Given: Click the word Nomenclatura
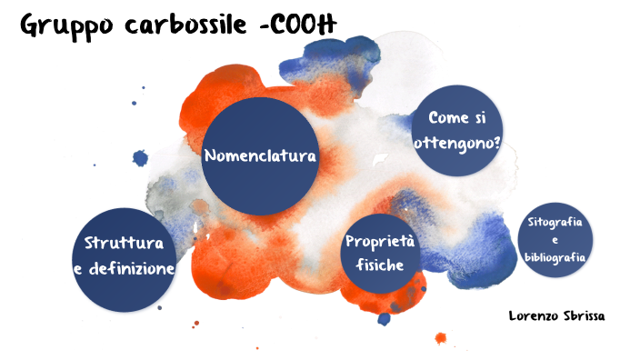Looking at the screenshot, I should pyautogui.click(x=259, y=155).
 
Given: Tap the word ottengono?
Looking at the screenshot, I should pyautogui.click(x=457, y=143).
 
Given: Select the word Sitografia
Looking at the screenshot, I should pyautogui.click(x=555, y=223).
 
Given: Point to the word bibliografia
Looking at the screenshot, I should pyautogui.click(x=555, y=257).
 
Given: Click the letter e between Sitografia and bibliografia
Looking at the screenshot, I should pyautogui.click(x=555, y=240).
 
